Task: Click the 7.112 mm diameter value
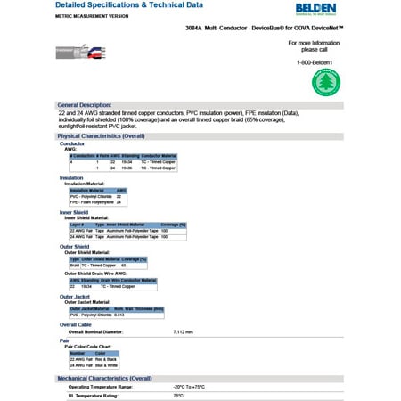[182, 331]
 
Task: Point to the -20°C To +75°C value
[188, 387]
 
